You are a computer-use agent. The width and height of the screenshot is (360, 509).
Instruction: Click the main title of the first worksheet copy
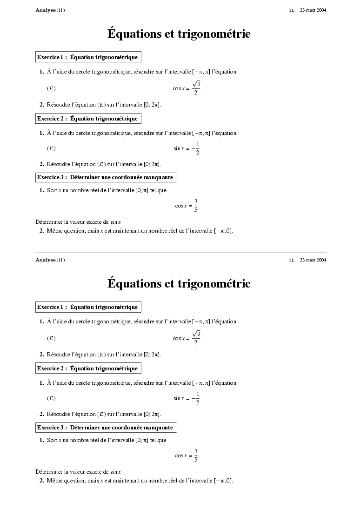pos(179,34)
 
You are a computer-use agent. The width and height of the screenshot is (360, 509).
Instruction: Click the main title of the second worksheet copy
pos(179,284)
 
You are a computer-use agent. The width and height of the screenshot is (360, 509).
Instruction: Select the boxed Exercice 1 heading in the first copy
pos(88,57)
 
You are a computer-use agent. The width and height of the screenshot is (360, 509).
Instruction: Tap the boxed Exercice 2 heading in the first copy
pos(88,119)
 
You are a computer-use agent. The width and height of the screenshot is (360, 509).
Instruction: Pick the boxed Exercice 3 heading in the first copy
pos(106,177)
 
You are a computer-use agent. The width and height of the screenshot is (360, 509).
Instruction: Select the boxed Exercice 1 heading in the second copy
pos(88,307)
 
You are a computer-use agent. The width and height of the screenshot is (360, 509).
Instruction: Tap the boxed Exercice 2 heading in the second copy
pos(88,368)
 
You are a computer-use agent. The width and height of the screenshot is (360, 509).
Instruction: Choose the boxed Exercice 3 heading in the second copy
pos(106,428)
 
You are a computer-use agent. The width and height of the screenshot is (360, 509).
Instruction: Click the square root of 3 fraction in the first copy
pos(196,88)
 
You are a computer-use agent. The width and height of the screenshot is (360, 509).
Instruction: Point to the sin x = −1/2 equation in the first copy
pos(187,149)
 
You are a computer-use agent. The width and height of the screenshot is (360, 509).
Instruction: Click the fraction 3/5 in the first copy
pos(196,206)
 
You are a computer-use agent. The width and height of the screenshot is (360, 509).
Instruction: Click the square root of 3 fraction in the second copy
pos(196,338)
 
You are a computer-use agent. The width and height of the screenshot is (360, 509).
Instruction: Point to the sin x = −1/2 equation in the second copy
pos(187,399)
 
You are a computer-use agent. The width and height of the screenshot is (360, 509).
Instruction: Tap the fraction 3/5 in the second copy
pos(196,455)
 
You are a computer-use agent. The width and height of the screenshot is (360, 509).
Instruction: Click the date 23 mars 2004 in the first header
pos(313,10)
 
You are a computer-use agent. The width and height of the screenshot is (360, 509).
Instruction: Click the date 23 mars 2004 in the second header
pos(313,260)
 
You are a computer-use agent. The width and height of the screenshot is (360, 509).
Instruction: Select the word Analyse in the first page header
pos(46,10)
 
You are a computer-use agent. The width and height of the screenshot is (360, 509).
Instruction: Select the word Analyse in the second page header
pos(46,260)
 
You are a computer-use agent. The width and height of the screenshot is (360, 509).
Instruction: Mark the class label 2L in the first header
pos(292,10)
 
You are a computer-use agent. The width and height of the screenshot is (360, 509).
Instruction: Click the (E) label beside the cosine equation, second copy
pos(51,338)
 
